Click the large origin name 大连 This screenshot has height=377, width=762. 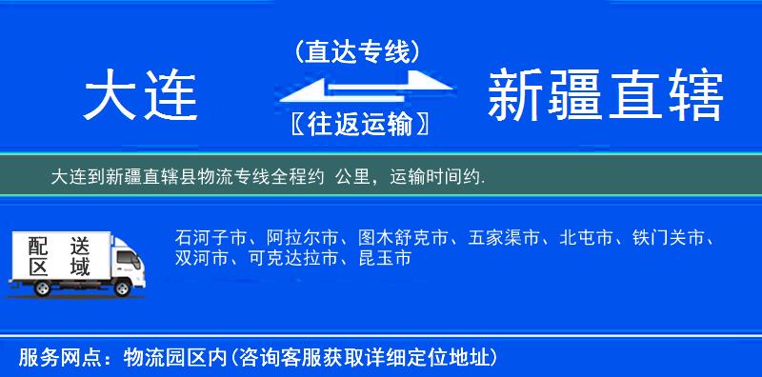140,97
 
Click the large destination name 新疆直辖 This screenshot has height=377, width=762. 605,97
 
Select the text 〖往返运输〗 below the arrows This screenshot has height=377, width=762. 357,125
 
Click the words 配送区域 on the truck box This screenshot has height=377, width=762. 58,256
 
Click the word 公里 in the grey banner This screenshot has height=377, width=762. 353,177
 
